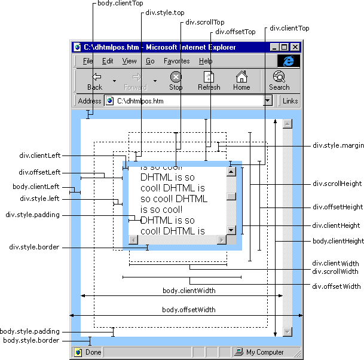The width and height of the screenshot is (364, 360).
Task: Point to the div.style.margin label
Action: (338, 145)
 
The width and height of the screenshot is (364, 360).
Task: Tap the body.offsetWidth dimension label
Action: (188, 310)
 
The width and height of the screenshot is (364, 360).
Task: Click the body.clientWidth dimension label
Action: (189, 291)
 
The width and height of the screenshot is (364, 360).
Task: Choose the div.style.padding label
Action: (32, 215)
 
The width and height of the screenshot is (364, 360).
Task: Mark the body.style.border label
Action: (31, 340)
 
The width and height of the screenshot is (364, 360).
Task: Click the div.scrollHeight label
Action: (337, 184)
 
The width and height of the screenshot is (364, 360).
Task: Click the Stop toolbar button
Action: (176, 81)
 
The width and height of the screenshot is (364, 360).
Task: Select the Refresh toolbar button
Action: (209, 81)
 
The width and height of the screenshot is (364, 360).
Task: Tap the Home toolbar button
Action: (241, 81)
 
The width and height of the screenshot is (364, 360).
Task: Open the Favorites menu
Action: (176, 61)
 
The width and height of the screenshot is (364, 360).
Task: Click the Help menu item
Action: (206, 61)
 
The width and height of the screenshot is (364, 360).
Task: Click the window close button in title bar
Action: (295, 47)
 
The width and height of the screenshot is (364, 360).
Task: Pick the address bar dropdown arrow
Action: (268, 101)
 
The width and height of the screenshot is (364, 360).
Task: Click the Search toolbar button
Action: (279, 81)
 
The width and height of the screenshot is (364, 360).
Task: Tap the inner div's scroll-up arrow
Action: (231, 172)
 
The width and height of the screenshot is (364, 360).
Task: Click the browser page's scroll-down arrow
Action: (287, 332)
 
